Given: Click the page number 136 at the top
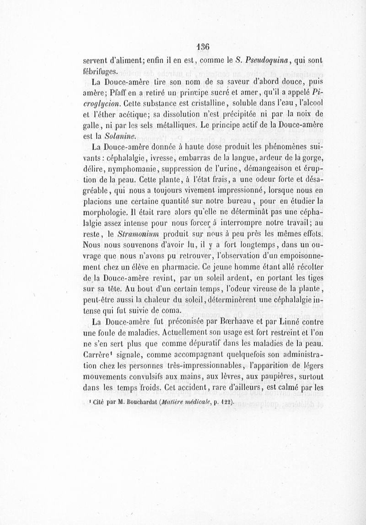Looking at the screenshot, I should click(201, 46).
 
